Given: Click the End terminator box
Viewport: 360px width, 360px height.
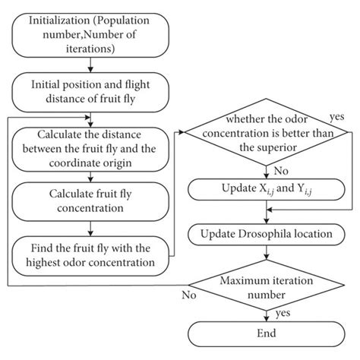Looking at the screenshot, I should point(266,333).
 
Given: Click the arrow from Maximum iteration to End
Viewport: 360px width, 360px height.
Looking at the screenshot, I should point(266,311).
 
